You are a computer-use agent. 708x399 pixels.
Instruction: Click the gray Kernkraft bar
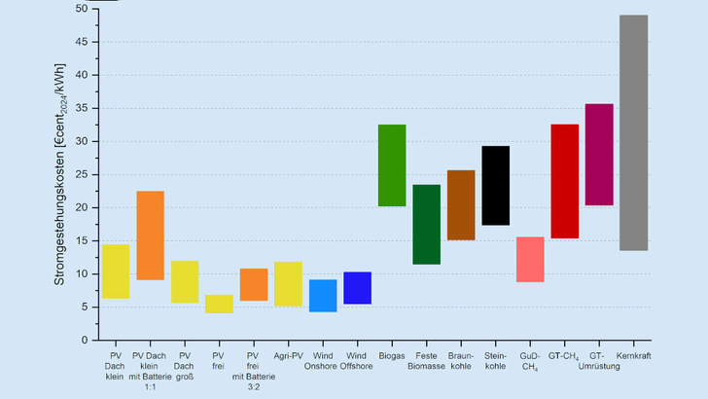(633, 132)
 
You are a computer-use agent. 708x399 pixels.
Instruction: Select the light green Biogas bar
(392, 165)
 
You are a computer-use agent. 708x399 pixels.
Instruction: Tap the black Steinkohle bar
(495, 185)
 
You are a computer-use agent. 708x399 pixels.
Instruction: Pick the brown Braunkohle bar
(461, 204)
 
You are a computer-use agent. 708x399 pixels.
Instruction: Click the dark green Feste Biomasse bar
(426, 224)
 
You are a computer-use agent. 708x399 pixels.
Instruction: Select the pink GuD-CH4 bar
(530, 259)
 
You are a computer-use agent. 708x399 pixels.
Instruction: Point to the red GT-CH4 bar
(564, 181)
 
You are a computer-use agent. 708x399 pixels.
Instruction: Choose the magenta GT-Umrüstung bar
(599, 155)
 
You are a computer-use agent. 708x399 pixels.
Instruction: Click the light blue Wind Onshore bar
(323, 295)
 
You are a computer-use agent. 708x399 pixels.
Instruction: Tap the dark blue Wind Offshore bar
(357, 288)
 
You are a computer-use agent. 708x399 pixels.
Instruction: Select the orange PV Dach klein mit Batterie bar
(150, 236)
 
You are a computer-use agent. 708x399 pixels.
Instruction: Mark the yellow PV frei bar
(219, 304)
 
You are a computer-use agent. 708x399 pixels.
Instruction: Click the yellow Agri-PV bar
(288, 284)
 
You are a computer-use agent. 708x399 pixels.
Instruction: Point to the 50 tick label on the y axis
(82, 9)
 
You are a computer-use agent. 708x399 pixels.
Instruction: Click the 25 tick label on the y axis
(82, 174)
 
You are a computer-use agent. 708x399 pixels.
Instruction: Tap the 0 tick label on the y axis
(85, 341)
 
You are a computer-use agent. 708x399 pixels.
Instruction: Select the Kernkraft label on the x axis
(634, 356)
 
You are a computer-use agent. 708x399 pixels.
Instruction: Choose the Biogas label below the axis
(392, 356)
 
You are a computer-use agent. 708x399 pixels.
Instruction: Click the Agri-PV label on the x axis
(289, 356)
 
